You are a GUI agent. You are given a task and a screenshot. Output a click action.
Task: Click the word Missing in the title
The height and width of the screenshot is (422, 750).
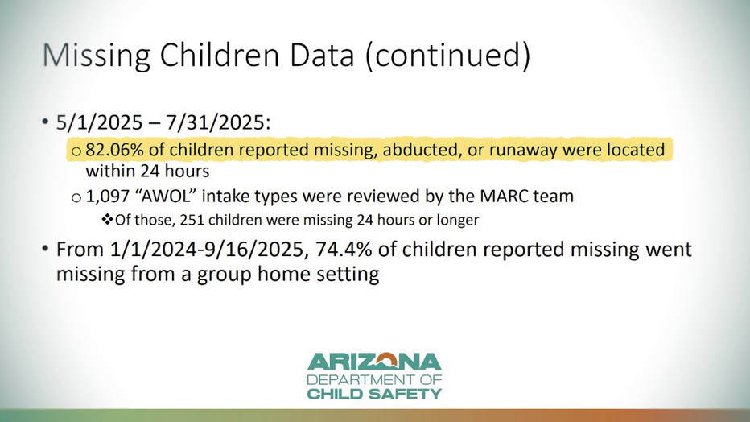point(97,56)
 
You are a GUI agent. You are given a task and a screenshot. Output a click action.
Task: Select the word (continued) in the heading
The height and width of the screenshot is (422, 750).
point(447,56)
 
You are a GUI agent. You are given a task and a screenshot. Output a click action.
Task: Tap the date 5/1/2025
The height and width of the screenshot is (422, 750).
point(100,122)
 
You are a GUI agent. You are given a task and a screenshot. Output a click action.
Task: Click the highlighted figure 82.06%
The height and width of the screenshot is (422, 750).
point(115,150)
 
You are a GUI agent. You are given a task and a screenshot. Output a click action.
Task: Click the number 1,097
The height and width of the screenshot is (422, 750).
point(108,197)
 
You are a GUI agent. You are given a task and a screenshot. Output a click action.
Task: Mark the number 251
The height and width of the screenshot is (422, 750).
point(193,220)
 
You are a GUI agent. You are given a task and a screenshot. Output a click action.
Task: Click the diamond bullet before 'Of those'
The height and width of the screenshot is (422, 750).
point(107,220)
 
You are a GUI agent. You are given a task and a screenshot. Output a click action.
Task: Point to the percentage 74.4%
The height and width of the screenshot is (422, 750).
point(344,250)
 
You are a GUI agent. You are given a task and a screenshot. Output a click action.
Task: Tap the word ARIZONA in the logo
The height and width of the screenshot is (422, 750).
point(374,362)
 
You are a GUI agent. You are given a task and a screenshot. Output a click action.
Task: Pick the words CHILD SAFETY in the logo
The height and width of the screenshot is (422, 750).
point(374,395)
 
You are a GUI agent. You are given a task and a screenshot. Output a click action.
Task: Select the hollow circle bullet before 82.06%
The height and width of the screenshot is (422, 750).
point(76,151)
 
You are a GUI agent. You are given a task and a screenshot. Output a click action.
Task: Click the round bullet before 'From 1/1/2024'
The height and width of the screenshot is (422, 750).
point(45,249)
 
